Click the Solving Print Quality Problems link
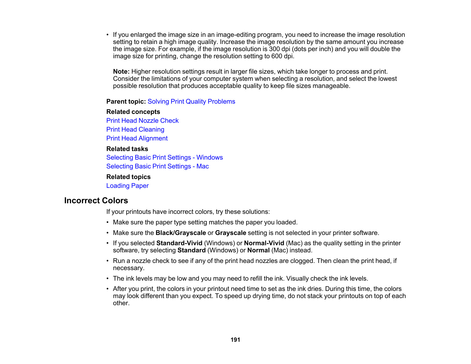click(x=191, y=102)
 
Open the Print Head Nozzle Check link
click(x=142, y=121)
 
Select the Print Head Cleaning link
click(x=135, y=130)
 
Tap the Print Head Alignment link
click(x=137, y=138)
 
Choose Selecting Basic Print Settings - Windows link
click(x=164, y=158)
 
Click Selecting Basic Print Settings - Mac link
click(x=158, y=166)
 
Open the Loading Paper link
click(x=127, y=186)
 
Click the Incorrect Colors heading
click(x=96, y=201)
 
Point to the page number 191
click(x=235, y=340)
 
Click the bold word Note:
click(x=121, y=72)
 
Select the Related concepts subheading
click(x=133, y=112)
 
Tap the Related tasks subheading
click(x=127, y=149)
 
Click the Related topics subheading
click(x=128, y=177)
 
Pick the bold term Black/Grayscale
click(x=181, y=233)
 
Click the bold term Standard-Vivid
click(x=179, y=243)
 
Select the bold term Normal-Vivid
click(x=264, y=243)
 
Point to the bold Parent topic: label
click(x=126, y=102)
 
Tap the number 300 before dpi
click(x=274, y=49)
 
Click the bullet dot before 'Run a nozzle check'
click(x=108, y=261)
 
